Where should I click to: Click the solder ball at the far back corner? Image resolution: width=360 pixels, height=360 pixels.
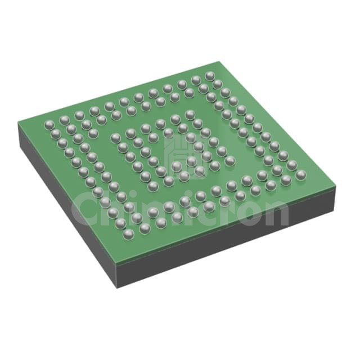(x=210, y=76)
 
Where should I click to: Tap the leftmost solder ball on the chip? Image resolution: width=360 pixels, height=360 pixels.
(x=49, y=125)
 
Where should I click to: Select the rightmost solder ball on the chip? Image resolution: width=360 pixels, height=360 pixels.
(x=301, y=175)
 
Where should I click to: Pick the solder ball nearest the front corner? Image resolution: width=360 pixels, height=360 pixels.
(x=129, y=234)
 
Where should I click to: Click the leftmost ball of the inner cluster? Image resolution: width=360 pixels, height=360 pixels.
(x=115, y=138)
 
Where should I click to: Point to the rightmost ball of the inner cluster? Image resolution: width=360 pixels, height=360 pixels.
(x=230, y=161)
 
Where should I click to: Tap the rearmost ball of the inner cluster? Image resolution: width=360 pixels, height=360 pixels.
(x=190, y=115)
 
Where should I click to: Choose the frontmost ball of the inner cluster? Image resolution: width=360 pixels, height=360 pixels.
(x=154, y=186)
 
